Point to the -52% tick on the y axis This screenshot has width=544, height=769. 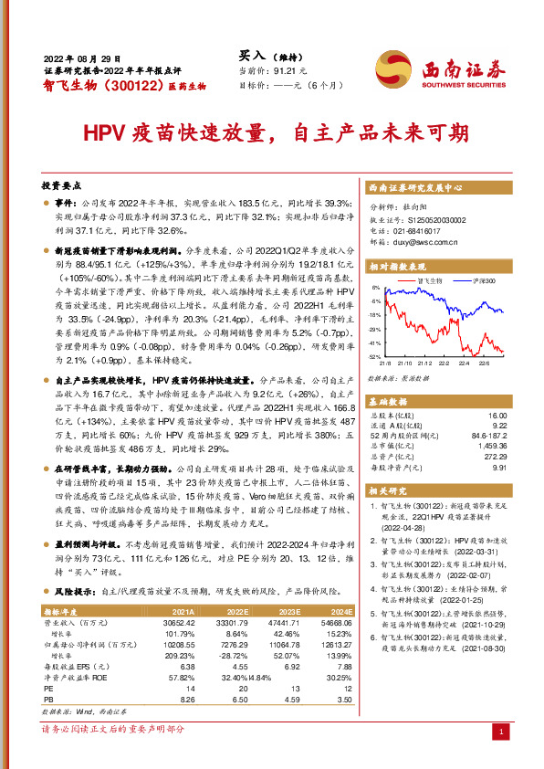pos(374,356)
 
